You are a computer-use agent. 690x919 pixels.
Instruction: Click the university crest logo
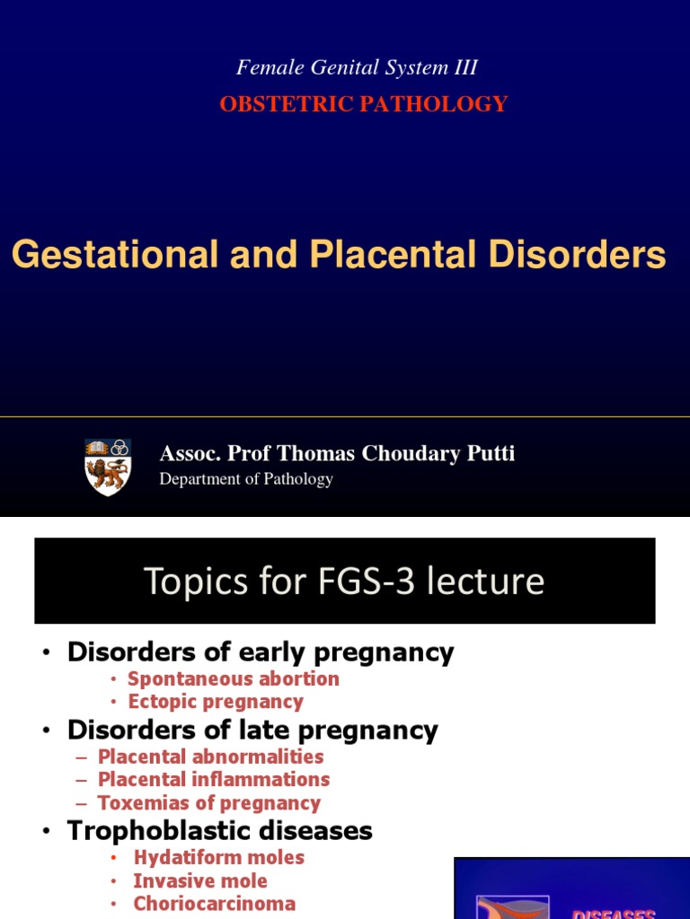pyautogui.click(x=108, y=467)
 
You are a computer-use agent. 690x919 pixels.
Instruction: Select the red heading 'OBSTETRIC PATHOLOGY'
pyautogui.click(x=364, y=104)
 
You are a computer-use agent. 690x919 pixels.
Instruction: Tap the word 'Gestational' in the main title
pyautogui.click(x=115, y=255)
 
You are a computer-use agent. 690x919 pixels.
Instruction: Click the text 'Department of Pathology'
pyautogui.click(x=246, y=479)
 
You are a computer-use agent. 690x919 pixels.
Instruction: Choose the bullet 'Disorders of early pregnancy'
pyautogui.click(x=261, y=652)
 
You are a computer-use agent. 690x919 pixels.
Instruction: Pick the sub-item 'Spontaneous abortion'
pyautogui.click(x=233, y=678)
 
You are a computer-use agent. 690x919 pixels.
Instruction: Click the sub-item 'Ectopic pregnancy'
pyautogui.click(x=216, y=702)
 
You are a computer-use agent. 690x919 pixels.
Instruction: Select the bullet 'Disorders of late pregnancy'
pyautogui.click(x=252, y=731)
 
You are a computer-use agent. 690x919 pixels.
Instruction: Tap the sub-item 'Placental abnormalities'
pyautogui.click(x=210, y=757)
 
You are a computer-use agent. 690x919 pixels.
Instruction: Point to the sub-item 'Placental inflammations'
pyautogui.click(x=213, y=780)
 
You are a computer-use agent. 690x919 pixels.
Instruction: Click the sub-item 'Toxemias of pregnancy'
pyautogui.click(x=208, y=803)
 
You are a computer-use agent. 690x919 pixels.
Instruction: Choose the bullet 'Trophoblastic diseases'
pyautogui.click(x=219, y=831)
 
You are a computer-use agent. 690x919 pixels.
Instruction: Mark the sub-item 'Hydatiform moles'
pyautogui.click(x=218, y=858)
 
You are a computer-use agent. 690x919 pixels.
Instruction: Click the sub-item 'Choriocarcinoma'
pyautogui.click(x=214, y=905)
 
